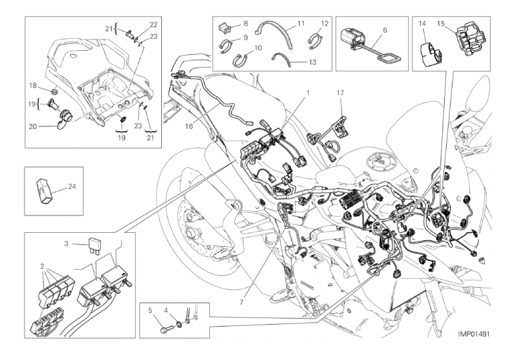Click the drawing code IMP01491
(x=474, y=334)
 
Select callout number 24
(x=72, y=187)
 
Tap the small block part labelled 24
(x=43, y=190)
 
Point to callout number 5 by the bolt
(x=150, y=310)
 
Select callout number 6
(x=385, y=30)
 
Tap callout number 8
(x=245, y=23)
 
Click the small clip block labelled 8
(x=225, y=28)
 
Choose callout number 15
(x=441, y=23)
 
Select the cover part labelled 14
(x=429, y=54)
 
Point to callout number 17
(x=340, y=93)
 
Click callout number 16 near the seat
(x=189, y=126)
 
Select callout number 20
(x=33, y=126)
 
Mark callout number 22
(x=153, y=25)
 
